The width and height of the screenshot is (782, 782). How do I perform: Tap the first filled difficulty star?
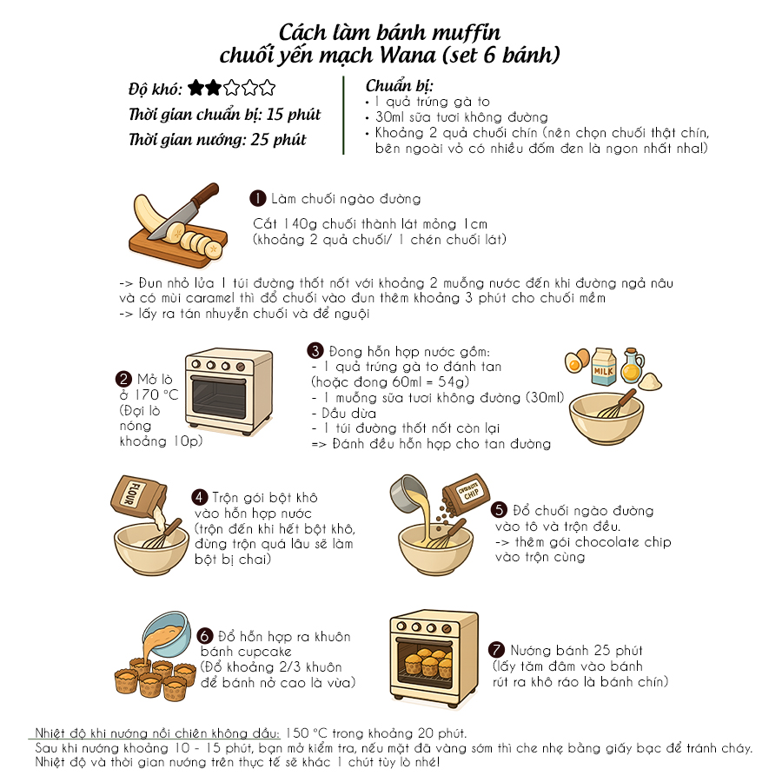pyautogui.click(x=196, y=88)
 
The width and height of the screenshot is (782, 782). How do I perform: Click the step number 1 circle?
pyautogui.click(x=258, y=198)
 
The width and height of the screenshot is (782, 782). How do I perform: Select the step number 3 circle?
pyautogui.click(x=315, y=351)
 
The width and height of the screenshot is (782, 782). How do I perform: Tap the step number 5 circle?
pyautogui.click(x=499, y=510)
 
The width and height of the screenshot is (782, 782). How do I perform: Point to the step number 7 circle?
pyautogui.click(x=496, y=649)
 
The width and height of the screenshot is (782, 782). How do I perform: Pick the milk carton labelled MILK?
pyautogui.click(x=604, y=367)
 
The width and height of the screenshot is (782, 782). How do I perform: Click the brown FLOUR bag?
pyautogui.click(x=138, y=496)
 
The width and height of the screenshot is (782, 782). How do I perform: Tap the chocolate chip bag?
pyautogui.click(x=467, y=493)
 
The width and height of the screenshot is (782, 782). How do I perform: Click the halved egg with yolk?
pyautogui.click(x=577, y=361)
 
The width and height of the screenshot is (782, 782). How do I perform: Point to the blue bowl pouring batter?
pyautogui.click(x=168, y=633)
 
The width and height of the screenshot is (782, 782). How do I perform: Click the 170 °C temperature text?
pyautogui.click(x=156, y=395)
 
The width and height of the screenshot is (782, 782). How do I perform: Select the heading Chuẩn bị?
pyautogui.click(x=399, y=86)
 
